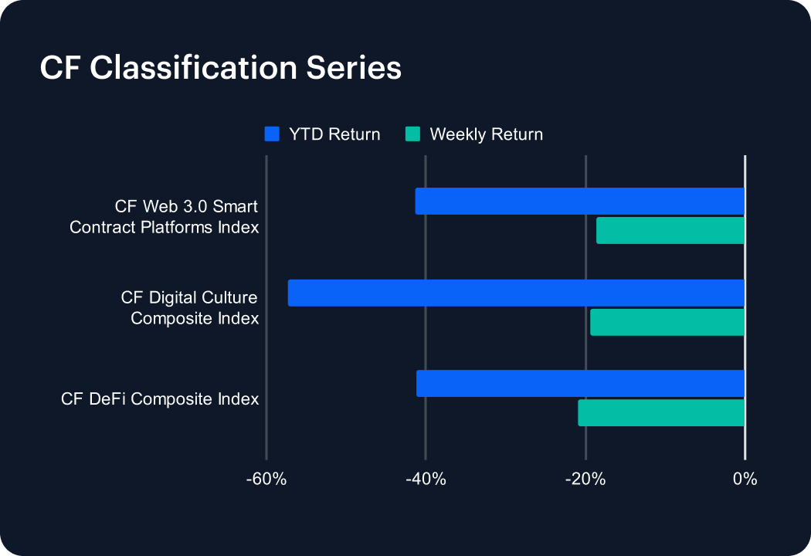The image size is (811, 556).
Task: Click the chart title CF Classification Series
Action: pos(221,68)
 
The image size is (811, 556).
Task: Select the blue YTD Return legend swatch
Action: pos(272,134)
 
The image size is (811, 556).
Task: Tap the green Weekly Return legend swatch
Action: pos(412,134)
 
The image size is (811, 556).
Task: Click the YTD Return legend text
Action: pos(334,134)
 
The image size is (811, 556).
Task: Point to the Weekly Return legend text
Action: pos(486,134)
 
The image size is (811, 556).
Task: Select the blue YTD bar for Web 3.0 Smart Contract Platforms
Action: pos(580,202)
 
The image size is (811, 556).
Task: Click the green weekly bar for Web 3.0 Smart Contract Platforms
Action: pos(670,231)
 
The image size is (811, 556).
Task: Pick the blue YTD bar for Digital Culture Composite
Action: pos(516,293)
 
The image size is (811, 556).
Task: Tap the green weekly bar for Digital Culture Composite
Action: pos(667,322)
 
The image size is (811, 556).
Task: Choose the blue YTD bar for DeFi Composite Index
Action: pos(580,383)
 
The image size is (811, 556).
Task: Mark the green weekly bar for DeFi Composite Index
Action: pos(661,412)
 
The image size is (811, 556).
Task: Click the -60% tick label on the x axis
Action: pos(266,479)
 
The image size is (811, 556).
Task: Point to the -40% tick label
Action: pos(426,479)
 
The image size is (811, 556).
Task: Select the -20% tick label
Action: pos(585,479)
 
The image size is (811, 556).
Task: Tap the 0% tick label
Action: pos(745,479)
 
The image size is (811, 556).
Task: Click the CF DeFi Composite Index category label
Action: pos(160,398)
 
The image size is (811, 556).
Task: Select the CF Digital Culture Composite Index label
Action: pos(189,308)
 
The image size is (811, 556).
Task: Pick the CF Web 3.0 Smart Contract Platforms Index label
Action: pos(164,217)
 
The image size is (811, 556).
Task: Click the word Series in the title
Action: pos(354,68)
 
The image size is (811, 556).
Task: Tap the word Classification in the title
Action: pos(193,68)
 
